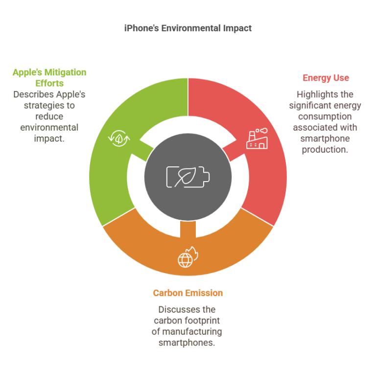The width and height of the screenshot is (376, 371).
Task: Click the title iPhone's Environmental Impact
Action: (x=188, y=28)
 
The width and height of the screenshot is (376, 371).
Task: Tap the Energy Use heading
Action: (x=326, y=78)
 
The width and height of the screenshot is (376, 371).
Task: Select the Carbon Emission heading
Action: (x=188, y=293)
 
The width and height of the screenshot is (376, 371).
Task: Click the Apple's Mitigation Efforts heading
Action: (x=49, y=78)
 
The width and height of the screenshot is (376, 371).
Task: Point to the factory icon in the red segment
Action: (x=257, y=139)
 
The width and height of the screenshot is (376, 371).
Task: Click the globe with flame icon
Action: (x=188, y=257)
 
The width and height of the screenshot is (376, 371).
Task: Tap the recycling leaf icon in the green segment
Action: (x=119, y=139)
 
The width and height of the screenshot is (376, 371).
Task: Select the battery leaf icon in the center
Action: (x=188, y=177)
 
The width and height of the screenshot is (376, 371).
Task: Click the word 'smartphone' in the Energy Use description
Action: (x=325, y=139)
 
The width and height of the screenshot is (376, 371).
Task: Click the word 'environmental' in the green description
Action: (x=49, y=128)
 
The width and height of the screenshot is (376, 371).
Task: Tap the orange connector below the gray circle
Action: (x=188, y=229)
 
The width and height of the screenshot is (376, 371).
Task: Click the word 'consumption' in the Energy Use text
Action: (x=325, y=116)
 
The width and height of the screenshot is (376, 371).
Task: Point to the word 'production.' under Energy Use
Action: (x=325, y=150)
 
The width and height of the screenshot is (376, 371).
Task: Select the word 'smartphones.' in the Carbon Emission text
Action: (x=187, y=343)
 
